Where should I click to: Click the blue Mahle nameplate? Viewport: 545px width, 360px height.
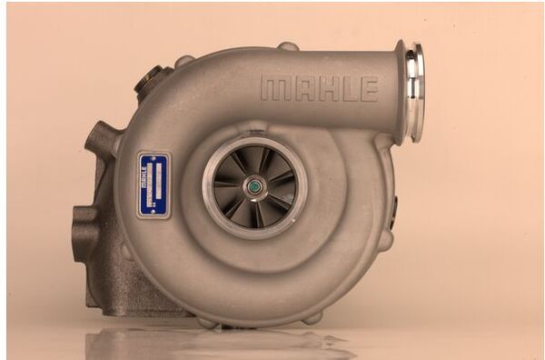[x=154, y=185]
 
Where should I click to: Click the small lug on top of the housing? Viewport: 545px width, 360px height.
[x=287, y=46]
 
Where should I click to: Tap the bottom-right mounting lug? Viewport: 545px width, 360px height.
[x=313, y=318]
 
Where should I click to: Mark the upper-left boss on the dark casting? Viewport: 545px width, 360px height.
[x=101, y=141]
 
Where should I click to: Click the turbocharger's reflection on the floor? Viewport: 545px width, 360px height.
[x=218, y=344]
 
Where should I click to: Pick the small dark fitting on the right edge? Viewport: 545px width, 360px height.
[x=394, y=214]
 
